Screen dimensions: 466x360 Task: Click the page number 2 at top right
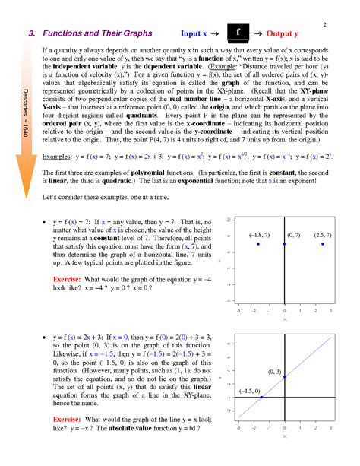point(324,25)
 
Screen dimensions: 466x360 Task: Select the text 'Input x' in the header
point(195,34)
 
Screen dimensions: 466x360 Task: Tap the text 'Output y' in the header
point(281,34)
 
